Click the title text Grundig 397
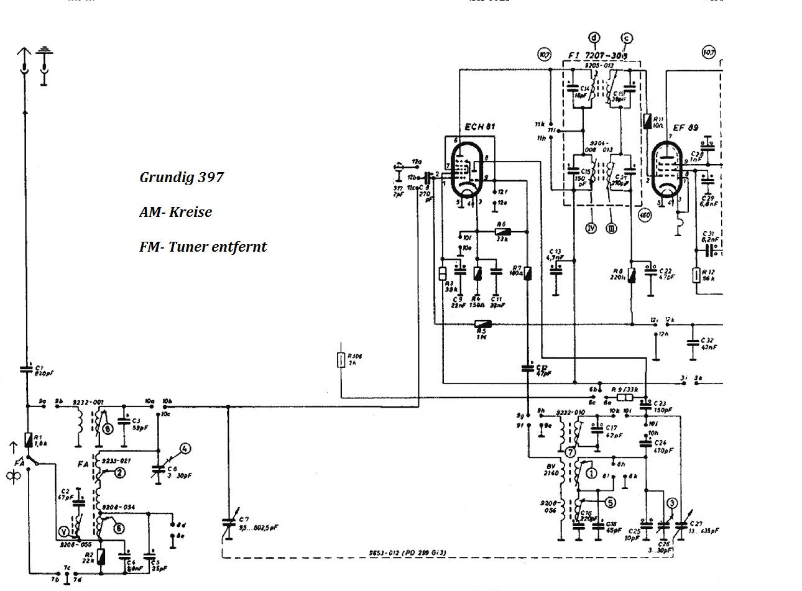[x=181, y=177]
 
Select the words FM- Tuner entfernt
[x=203, y=247]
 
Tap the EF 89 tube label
[x=685, y=128]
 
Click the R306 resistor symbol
[x=341, y=359]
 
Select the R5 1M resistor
[x=482, y=324]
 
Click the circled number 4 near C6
[x=185, y=448]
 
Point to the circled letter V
[x=63, y=531]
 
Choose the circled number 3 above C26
[x=671, y=503]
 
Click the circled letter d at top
[x=595, y=39]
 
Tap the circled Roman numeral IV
[x=591, y=227]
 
